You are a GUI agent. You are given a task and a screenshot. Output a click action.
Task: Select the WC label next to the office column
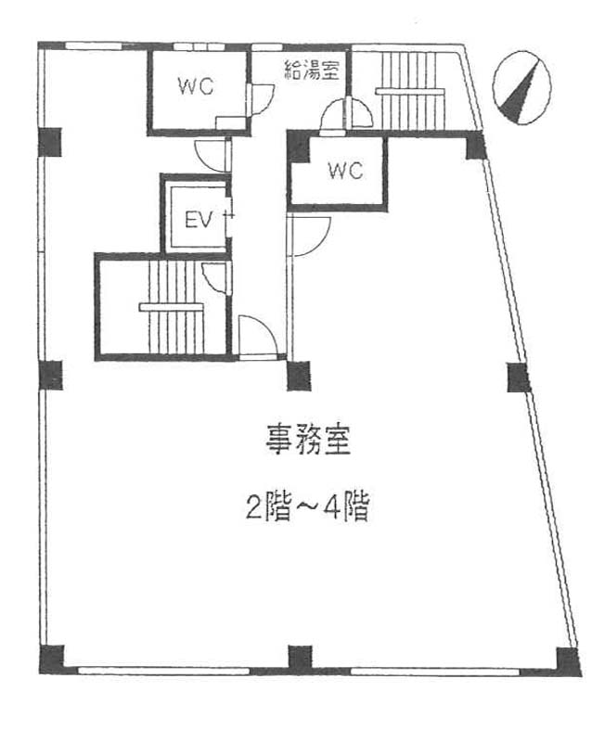(343, 171)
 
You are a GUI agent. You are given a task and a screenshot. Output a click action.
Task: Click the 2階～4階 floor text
(308, 507)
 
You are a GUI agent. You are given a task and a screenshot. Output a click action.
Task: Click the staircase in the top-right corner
(408, 90)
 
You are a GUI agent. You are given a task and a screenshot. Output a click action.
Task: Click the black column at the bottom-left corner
(51, 658)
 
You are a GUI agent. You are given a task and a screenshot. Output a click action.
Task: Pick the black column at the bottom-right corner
(567, 660)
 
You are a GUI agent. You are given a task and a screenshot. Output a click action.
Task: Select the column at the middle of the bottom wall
(300, 658)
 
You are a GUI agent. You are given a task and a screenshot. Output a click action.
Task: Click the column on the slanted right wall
(518, 377)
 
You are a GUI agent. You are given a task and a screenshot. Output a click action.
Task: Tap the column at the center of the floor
(299, 375)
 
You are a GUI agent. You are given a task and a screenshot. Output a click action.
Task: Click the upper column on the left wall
(50, 141)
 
